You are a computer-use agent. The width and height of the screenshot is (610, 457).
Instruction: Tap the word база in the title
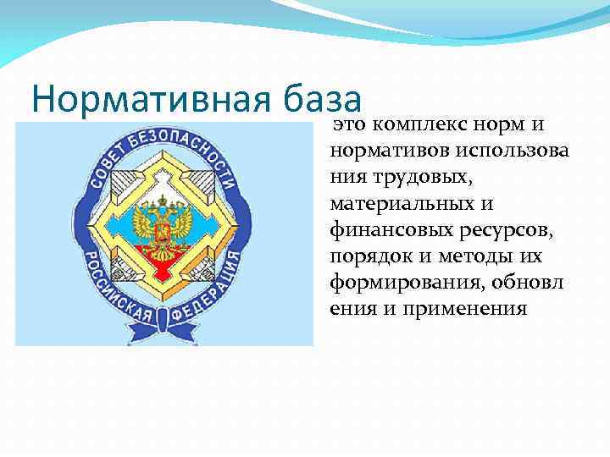[x=327, y=99]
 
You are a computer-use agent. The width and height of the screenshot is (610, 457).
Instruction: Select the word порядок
[x=365, y=256]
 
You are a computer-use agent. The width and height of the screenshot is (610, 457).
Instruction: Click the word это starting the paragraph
[x=347, y=125]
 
